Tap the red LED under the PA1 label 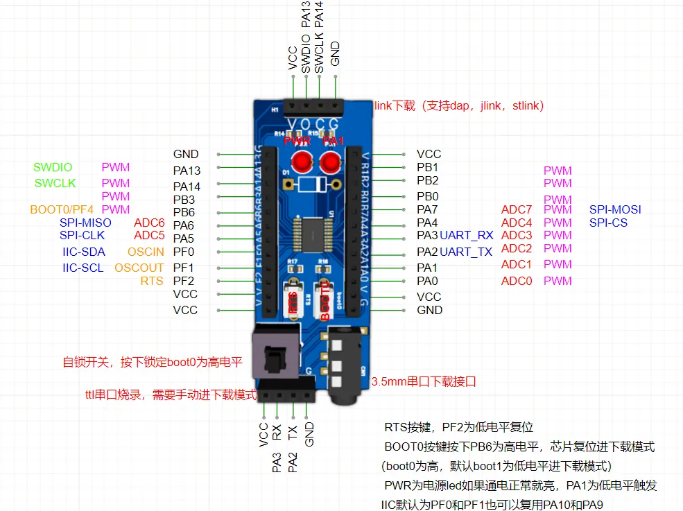pyautogui.click(x=330, y=163)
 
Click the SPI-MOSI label pyautogui.click(x=615, y=209)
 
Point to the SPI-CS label pyautogui.click(x=608, y=223)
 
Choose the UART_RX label pyautogui.click(x=467, y=236)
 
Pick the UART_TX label pyautogui.click(x=467, y=252)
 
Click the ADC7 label pyautogui.click(x=517, y=209)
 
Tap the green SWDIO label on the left pyautogui.click(x=53, y=168)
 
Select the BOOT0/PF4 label pyautogui.click(x=62, y=209)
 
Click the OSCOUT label pyautogui.click(x=139, y=268)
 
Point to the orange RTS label pyautogui.click(x=152, y=281)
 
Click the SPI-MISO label pyautogui.click(x=85, y=223)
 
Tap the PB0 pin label pyautogui.click(x=428, y=196)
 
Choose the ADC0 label pyautogui.click(x=517, y=281)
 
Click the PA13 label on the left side pyautogui.click(x=187, y=170)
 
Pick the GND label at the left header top pyautogui.click(x=186, y=154)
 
